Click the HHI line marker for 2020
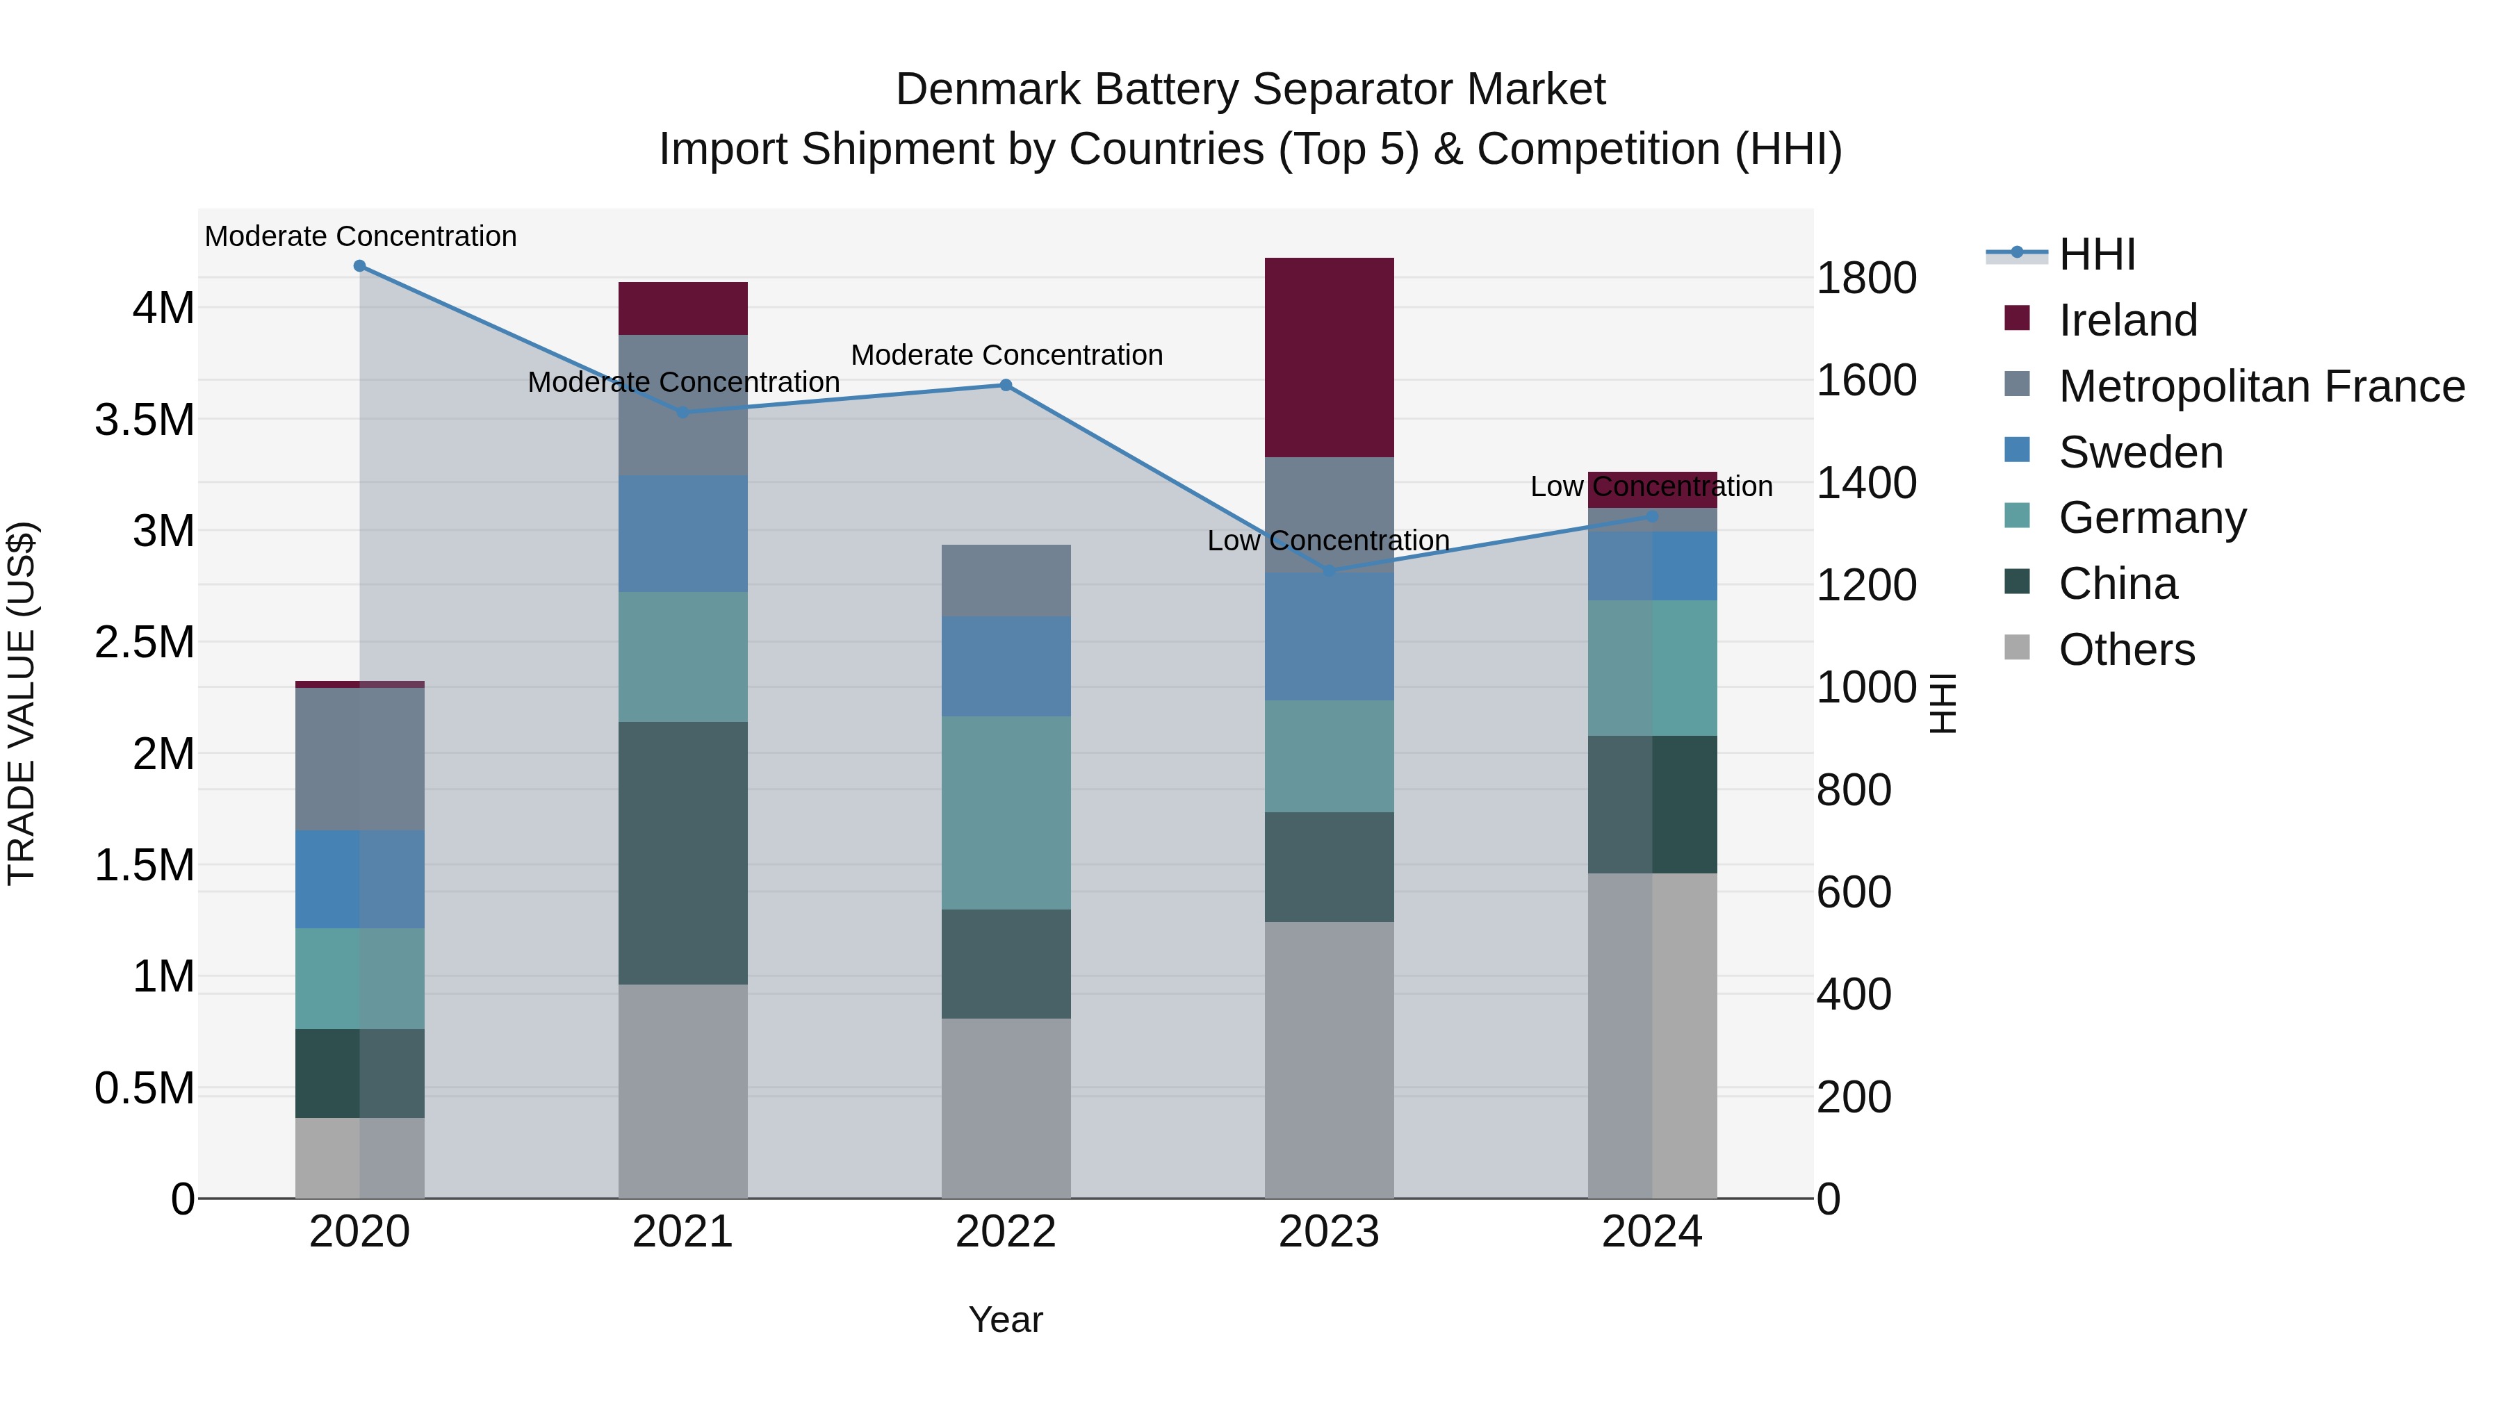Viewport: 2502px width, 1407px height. point(359,266)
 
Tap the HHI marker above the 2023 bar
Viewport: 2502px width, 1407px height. point(1330,571)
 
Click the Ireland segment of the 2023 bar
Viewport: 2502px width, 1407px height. point(1329,357)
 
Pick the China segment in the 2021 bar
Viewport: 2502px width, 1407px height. point(682,853)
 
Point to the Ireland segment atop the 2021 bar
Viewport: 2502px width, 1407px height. point(682,308)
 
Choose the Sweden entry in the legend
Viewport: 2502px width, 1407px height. point(2140,452)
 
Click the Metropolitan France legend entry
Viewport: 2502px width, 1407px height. point(2260,386)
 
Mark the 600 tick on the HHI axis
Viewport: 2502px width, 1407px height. point(1853,892)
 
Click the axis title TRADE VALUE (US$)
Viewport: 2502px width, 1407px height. point(22,703)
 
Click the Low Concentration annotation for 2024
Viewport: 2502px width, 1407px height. point(1651,486)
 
